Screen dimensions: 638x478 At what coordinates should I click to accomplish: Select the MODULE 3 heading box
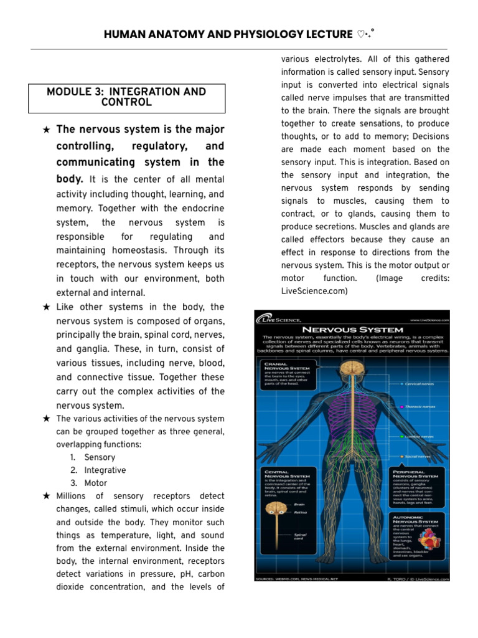126,97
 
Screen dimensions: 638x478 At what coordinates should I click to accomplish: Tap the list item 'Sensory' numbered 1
100,457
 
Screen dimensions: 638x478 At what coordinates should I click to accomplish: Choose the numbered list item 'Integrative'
105,470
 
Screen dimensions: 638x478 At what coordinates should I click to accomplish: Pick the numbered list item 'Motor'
95,483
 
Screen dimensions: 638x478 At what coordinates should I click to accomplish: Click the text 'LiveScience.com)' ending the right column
314,291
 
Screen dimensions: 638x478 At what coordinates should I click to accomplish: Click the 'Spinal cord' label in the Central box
300,536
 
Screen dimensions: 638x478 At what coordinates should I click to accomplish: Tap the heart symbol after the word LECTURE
362,34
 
